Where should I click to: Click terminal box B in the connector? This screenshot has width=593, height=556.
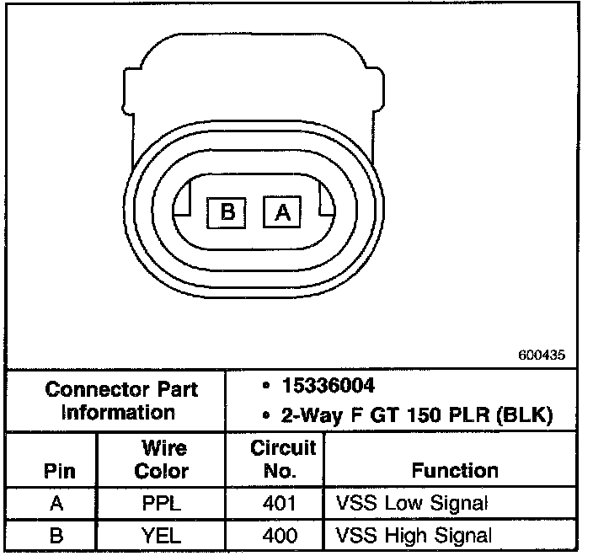[227, 211]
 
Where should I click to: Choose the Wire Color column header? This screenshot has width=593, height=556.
[162, 459]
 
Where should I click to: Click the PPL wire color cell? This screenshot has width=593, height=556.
[162, 505]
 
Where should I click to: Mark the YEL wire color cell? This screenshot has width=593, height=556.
[162, 535]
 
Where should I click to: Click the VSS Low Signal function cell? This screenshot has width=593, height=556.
[412, 505]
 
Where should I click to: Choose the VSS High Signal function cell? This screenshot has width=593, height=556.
[414, 535]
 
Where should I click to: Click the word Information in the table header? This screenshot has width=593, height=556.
[118, 413]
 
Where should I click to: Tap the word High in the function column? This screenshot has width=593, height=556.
[408, 535]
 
